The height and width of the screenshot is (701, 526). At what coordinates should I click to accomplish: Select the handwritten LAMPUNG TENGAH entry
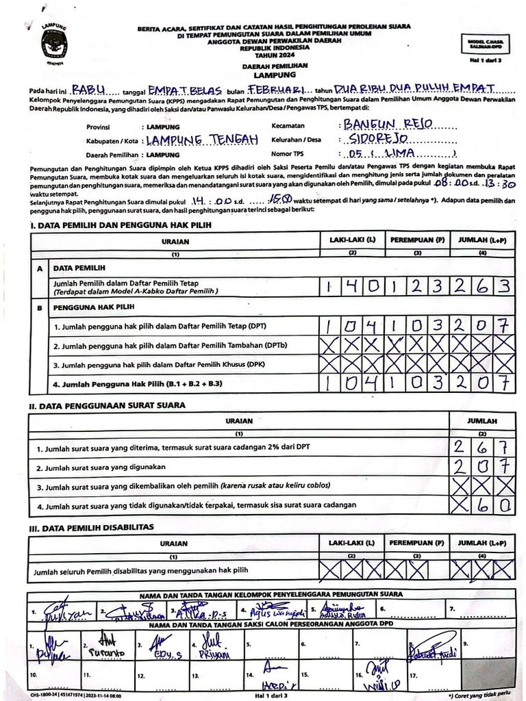202,140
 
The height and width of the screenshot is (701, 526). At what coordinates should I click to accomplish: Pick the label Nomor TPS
288,155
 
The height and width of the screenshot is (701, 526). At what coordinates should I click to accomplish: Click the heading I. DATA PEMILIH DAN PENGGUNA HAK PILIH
121,225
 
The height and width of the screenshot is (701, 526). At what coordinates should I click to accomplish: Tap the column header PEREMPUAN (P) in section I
417,241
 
